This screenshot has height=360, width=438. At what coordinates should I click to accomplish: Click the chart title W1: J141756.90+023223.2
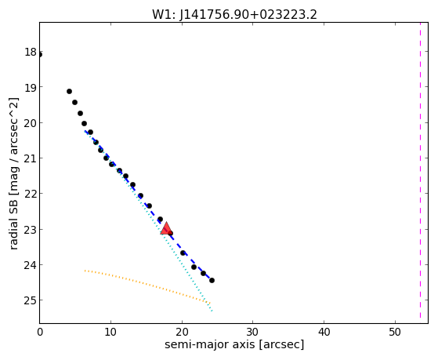point(234,14)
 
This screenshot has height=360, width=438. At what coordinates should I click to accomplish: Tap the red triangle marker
point(166,229)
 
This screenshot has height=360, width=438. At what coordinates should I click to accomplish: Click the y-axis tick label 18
point(31,52)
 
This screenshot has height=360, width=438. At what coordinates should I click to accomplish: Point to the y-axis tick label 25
point(31,300)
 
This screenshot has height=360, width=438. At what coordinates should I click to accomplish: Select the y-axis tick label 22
point(31,194)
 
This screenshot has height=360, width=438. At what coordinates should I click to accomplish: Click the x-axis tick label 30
point(253,333)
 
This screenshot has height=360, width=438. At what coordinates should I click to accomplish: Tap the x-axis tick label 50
point(395,333)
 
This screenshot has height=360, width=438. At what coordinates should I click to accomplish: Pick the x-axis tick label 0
point(40,333)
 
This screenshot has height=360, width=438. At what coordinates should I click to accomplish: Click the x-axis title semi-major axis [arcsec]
point(234,344)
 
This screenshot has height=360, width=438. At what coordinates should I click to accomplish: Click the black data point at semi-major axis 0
point(40,55)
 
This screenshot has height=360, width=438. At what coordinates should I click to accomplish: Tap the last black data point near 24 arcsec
point(212,280)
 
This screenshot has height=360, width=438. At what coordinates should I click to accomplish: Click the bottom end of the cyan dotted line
point(212,311)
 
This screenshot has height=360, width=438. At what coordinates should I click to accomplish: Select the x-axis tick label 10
point(111,333)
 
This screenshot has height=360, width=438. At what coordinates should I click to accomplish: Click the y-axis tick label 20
point(31,123)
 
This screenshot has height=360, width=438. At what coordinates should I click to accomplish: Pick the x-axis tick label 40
point(324,333)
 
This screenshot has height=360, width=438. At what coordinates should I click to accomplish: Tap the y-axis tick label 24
point(31,264)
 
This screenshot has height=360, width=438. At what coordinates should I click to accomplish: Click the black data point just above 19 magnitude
point(69,92)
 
